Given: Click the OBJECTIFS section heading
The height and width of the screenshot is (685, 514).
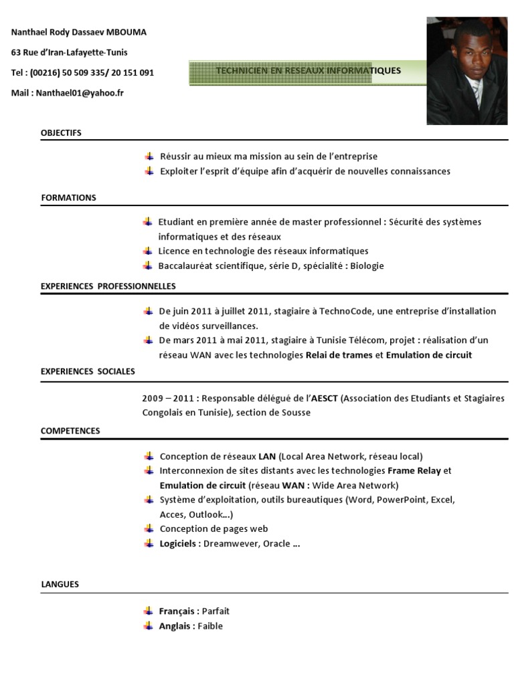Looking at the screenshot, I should [61, 133].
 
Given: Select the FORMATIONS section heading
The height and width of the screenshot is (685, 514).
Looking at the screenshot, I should [68, 198].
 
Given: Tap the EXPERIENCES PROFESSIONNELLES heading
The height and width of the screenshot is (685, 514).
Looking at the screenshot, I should [108, 286].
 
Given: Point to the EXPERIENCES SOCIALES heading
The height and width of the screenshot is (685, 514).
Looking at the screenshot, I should [88, 371].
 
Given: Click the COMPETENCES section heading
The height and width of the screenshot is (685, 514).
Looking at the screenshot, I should [70, 431].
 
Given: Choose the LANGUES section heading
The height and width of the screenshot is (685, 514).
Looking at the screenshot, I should [60, 585].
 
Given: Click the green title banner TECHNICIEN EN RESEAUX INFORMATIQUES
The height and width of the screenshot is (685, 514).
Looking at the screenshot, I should [308, 71].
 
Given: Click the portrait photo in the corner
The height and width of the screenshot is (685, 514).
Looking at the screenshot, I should [466, 71].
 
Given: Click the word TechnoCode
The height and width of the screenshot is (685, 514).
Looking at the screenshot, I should [344, 311].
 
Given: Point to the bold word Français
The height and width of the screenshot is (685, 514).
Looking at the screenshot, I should [177, 611].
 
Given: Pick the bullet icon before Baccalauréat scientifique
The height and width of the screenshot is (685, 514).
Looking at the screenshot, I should [148, 266].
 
